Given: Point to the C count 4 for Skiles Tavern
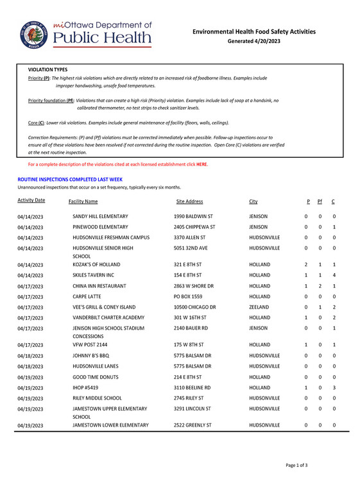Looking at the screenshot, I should tap(335, 275).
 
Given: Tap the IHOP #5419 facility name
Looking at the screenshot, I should tap(88, 388).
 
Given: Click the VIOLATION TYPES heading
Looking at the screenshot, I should tap(48, 69).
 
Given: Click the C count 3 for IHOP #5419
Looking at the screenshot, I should tap(335, 388).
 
